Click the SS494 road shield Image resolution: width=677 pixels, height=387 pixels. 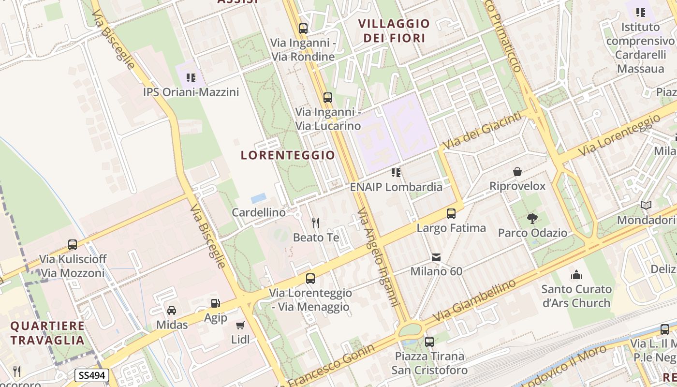pos(92,375)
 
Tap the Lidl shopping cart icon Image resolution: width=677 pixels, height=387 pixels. pos(240,325)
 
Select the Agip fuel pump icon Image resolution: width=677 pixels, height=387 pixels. pos(215,303)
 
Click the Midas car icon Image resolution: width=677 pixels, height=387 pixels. pos(172,310)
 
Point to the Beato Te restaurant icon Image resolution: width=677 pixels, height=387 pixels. pos(316,223)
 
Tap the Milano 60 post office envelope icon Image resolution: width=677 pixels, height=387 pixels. pos(436,257)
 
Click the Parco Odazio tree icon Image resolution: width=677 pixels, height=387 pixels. pos(532,218)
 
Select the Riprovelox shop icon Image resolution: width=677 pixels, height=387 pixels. pos(517,172)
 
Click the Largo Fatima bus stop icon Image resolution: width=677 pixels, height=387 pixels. pos(451,213)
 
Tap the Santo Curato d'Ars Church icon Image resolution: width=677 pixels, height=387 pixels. pos(576,275)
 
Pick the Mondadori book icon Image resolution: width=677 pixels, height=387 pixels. pos(646,206)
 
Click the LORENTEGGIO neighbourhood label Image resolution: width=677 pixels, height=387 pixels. pos(288,155)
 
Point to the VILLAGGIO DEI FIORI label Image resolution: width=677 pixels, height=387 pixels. pos(394,30)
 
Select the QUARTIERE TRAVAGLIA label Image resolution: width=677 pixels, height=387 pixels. pos(47,333)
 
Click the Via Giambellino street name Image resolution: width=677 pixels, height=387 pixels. pos(475,301)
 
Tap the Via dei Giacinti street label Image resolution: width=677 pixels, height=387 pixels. pos(483,130)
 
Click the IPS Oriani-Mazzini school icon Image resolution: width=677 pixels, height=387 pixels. pos(191,77)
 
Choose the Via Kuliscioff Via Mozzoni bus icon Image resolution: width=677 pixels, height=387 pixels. pos(73,245)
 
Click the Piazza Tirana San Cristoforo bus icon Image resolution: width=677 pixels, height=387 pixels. pos(429,342)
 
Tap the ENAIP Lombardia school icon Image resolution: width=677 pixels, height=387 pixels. pos(396,172)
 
